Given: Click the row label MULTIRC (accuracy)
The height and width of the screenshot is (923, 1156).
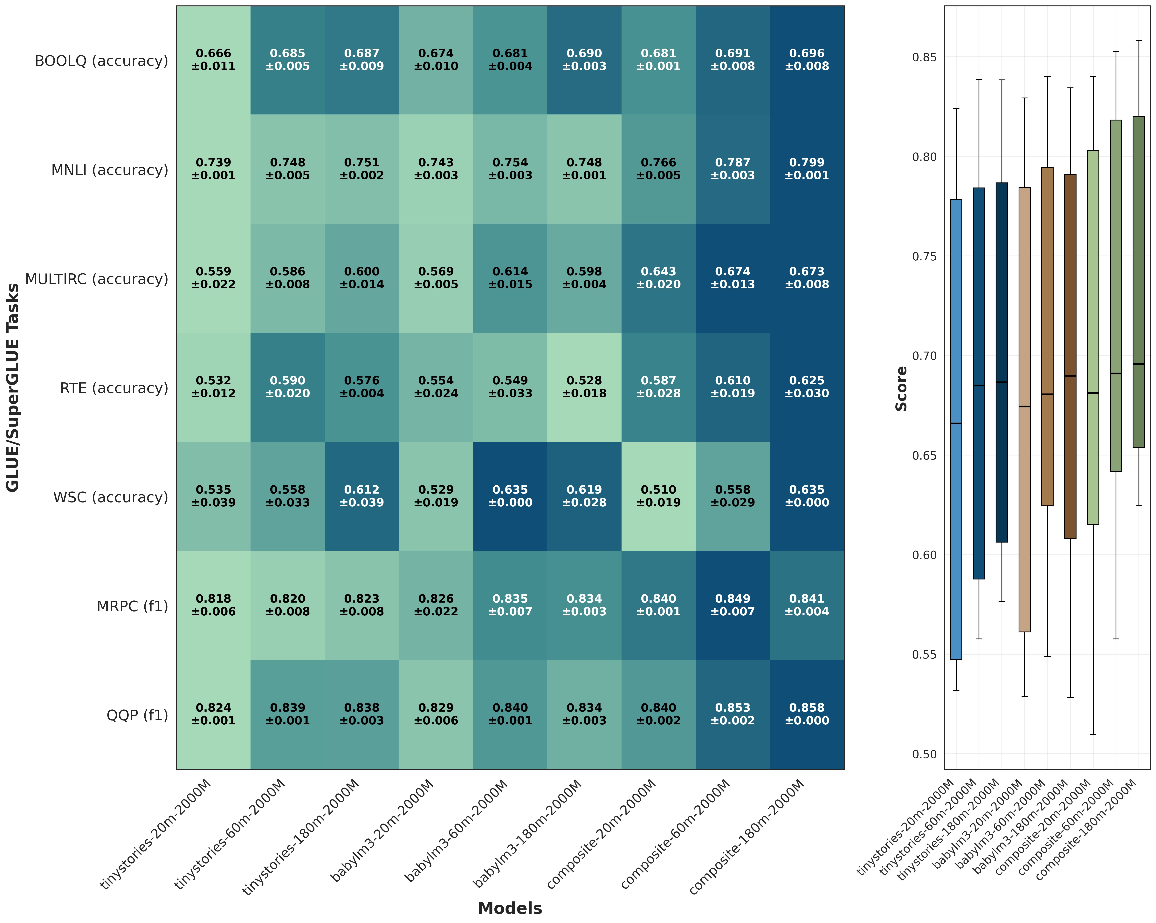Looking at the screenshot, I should (97, 279).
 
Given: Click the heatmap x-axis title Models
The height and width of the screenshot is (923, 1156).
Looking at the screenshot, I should (510, 909).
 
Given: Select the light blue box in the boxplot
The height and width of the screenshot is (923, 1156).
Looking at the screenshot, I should (956, 429).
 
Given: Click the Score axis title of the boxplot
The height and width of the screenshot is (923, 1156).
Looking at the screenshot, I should (901, 389).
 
